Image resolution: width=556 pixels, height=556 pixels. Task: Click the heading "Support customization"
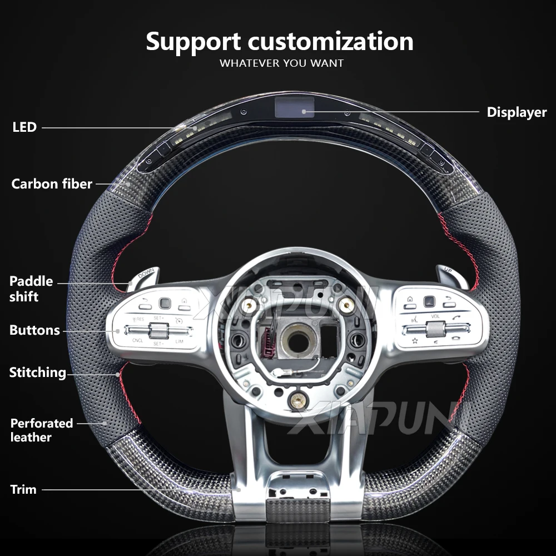[x=280, y=42]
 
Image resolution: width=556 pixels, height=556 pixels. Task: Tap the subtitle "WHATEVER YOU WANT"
[x=281, y=63]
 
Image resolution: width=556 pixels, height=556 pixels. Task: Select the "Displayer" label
[x=517, y=112]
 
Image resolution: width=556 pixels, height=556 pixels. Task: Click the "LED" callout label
[x=24, y=127]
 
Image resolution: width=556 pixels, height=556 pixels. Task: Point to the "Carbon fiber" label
[x=52, y=183]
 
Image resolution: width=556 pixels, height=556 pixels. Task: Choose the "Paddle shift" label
[x=31, y=289]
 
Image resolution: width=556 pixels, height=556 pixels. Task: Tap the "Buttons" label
[x=34, y=330]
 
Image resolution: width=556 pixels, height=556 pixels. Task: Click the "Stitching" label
[x=37, y=373]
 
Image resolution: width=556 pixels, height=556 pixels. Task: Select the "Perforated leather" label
[x=42, y=430]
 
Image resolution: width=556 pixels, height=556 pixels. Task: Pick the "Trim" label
[x=23, y=490]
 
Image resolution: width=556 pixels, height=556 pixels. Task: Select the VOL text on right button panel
[x=435, y=316]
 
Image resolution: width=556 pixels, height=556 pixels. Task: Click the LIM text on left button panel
[x=179, y=341]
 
